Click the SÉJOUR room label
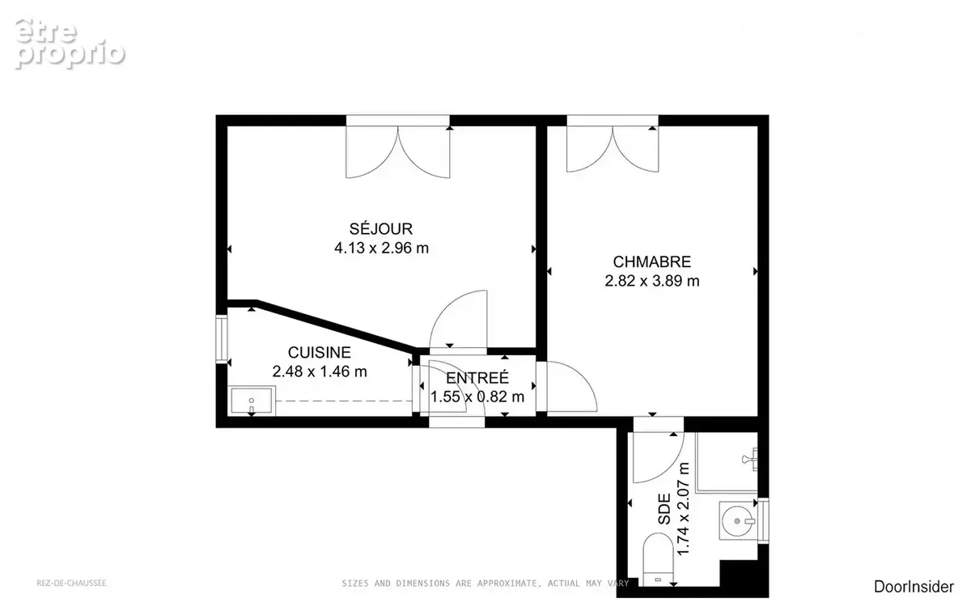point(380,228)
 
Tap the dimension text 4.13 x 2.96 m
point(381,248)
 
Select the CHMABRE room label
point(652,262)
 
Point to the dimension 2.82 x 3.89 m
point(652,281)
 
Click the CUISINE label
point(320,353)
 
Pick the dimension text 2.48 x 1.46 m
point(320,371)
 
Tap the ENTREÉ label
point(477,378)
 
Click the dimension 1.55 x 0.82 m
point(477,397)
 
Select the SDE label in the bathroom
point(664,509)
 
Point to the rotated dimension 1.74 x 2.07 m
point(683,509)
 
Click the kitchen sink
point(252,401)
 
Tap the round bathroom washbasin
point(738,520)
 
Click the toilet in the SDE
point(658,559)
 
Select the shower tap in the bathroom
point(750,459)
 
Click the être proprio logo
point(70,44)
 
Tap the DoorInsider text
point(914,587)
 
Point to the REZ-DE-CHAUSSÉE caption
point(71,584)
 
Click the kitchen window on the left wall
point(222,339)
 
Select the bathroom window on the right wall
point(763,520)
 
